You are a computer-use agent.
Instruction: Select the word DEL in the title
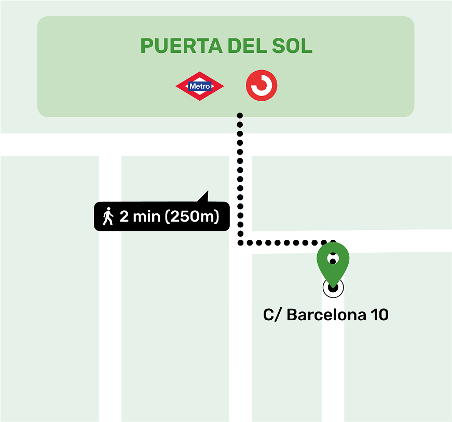(245, 46)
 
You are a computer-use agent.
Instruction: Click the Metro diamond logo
(200, 86)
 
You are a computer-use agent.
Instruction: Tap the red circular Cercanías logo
(262, 86)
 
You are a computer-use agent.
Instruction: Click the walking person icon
(108, 216)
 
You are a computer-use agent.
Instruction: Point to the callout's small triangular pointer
(204, 197)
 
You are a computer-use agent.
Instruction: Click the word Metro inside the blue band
(200, 86)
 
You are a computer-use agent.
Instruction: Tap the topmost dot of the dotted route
(240, 115)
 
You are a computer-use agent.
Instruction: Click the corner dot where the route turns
(240, 242)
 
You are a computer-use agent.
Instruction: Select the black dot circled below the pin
(333, 287)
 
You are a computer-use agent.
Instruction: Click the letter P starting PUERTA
(146, 46)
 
